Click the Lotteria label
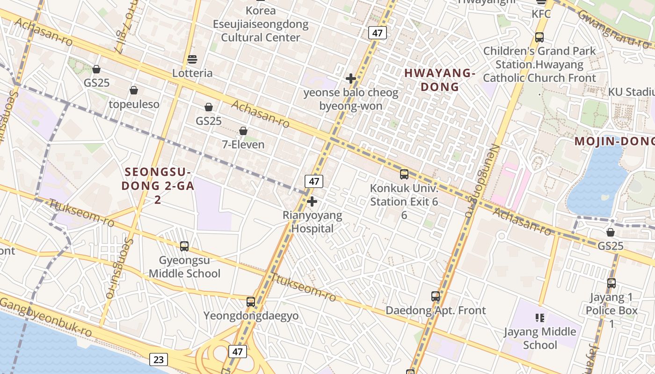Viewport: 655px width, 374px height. pos(192,73)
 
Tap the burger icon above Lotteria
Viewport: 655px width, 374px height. pos(192,59)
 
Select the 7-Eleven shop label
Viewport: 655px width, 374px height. pos(243,144)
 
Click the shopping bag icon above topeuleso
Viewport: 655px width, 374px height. pos(134,90)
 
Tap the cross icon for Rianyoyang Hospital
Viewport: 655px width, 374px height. pos(312,201)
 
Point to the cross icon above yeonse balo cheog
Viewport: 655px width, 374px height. pos(350,78)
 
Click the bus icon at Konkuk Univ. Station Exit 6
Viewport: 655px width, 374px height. pos(404,174)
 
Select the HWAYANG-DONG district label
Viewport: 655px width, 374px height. pos(440,80)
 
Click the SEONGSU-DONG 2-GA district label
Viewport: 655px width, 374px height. pos(158,186)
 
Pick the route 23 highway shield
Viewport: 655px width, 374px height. pos(159,359)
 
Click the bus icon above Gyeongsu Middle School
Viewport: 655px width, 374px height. pos(184,246)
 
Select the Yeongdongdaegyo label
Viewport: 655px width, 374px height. pos(251,316)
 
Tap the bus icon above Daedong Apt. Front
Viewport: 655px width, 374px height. pos(436,296)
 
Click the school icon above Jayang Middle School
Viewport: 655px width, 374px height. pos(540,318)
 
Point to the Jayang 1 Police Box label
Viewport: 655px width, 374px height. pos(611,304)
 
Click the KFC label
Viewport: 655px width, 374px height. pos(541,14)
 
